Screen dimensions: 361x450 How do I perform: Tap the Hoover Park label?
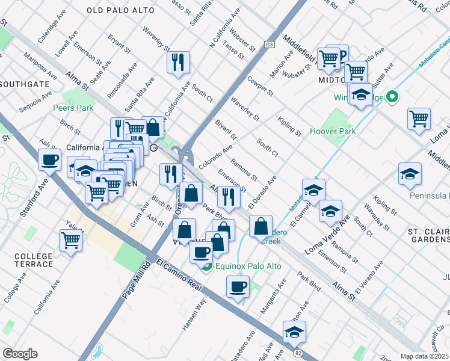[333, 131]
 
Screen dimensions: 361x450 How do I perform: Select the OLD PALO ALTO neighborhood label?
[120, 11]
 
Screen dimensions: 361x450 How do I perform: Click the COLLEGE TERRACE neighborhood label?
[34, 260]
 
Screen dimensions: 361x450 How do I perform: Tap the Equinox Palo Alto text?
[241, 267]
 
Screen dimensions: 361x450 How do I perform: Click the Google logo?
[20, 354]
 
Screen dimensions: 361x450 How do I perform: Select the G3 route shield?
[269, 45]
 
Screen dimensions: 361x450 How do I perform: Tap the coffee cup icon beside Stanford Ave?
[49, 160]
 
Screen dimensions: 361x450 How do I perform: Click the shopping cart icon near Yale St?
[71, 240]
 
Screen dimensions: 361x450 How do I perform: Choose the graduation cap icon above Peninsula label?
[410, 174]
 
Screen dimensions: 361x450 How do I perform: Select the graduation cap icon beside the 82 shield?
[294, 331]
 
